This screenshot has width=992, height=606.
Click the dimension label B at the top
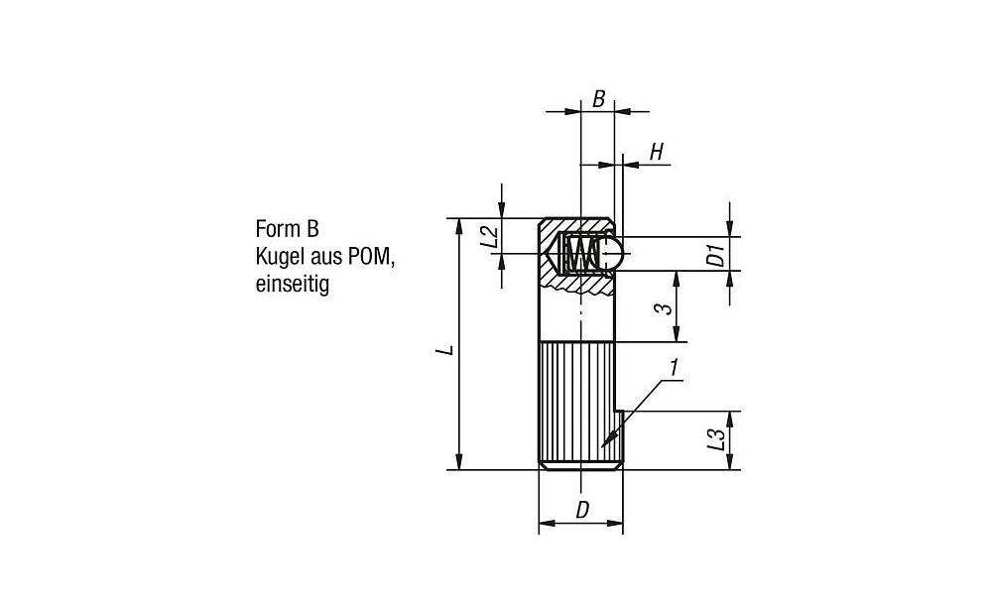[598, 99]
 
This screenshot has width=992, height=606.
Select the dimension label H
[657, 152]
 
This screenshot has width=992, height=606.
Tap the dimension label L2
[490, 237]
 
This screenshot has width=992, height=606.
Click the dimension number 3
[663, 308]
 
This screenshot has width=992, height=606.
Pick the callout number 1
[675, 367]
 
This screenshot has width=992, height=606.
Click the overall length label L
[447, 349]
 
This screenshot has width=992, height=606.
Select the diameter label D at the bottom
[582, 510]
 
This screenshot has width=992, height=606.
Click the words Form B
[288, 228]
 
